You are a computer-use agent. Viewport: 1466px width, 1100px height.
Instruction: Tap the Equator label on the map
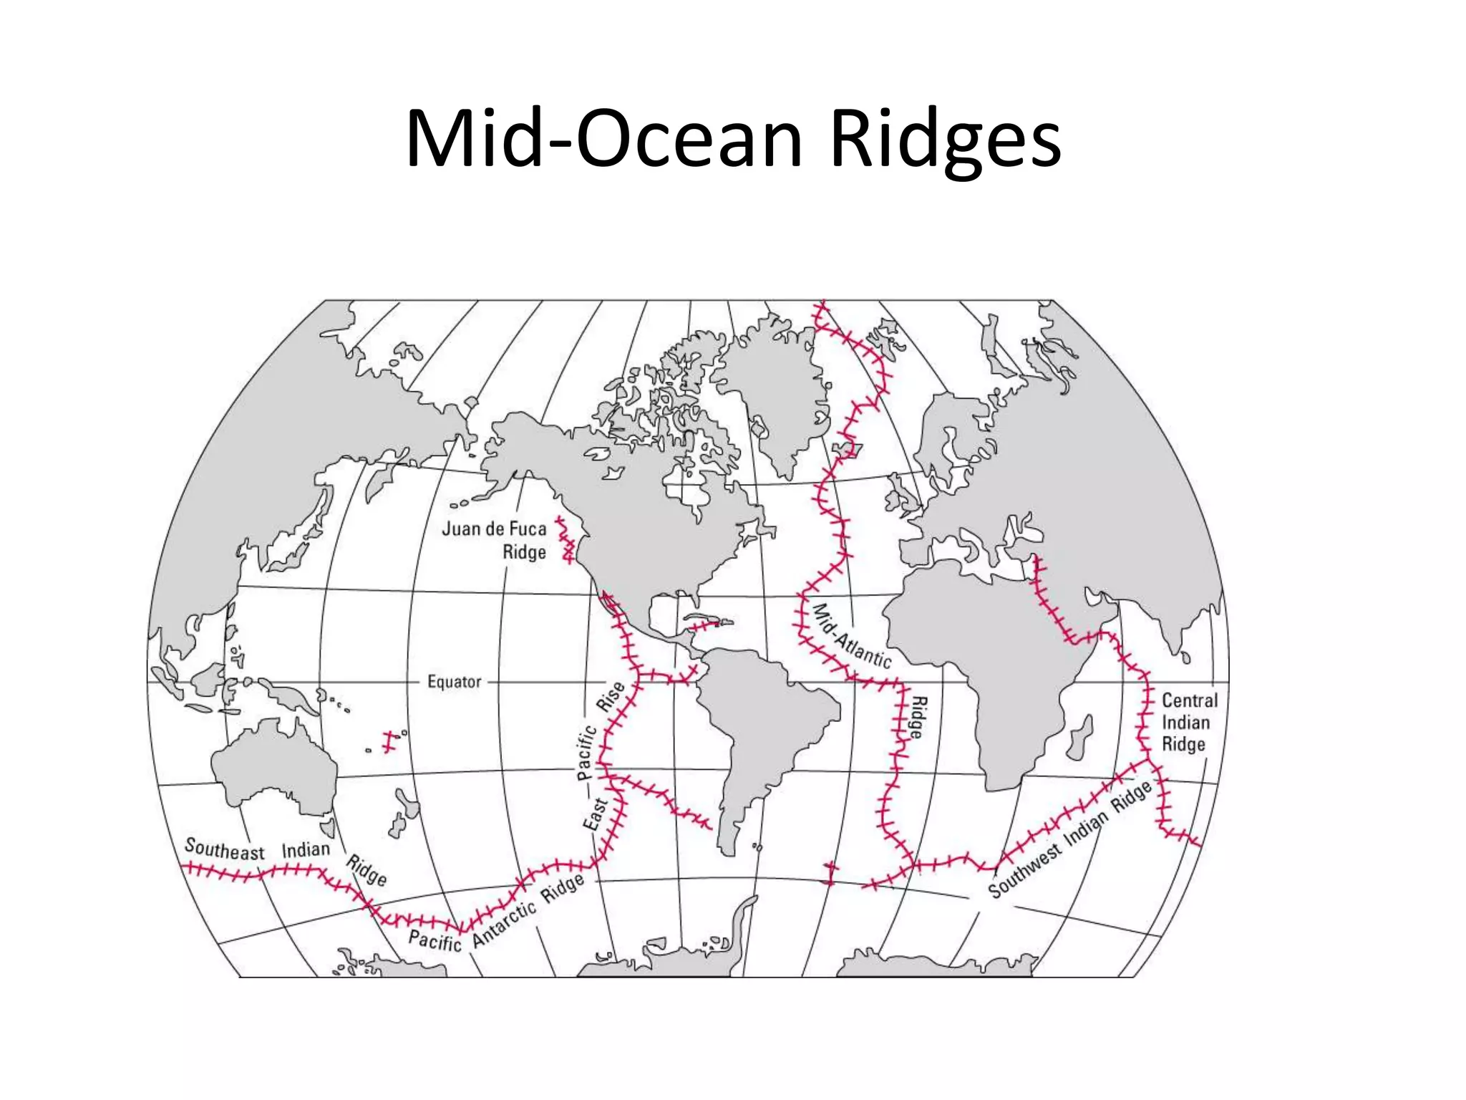tap(454, 682)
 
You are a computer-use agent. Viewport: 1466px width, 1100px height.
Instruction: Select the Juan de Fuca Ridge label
tap(495, 540)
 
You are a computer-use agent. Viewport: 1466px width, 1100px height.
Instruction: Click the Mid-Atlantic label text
tap(852, 636)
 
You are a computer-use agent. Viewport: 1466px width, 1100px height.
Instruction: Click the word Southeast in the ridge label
tap(224, 849)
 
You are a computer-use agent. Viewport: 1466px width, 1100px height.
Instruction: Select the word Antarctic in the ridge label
tap(505, 924)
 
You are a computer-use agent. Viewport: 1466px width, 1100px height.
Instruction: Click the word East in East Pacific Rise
tap(596, 814)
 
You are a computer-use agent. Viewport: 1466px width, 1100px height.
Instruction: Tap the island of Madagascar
tap(1079, 738)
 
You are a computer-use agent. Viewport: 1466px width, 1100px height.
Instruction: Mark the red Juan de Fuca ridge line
tap(567, 539)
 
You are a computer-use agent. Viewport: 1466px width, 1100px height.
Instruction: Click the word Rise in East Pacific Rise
tap(611, 696)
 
